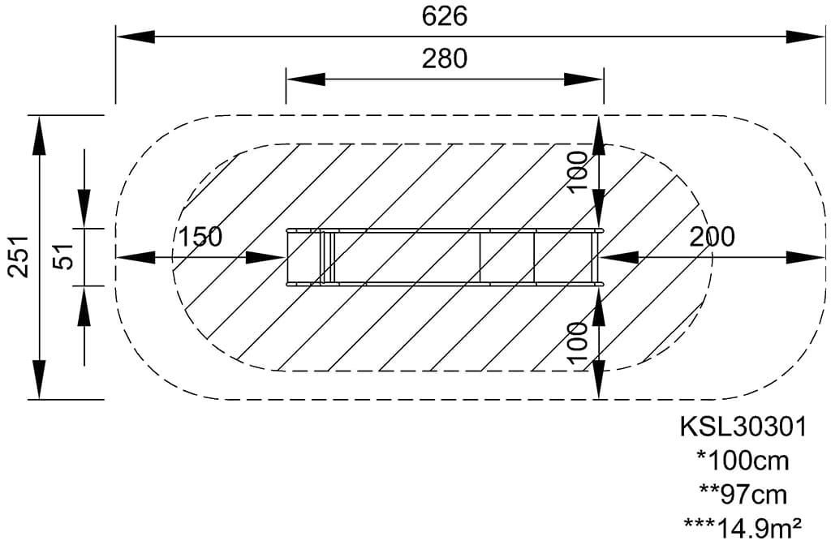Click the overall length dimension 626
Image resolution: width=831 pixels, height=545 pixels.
[445, 16]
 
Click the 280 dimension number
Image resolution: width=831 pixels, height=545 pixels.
[445, 58]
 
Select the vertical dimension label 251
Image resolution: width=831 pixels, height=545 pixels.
[19, 256]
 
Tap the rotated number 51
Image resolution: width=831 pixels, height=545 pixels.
[65, 256]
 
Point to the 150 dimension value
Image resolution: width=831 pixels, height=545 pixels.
[200, 237]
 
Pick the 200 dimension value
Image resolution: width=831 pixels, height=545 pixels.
[712, 237]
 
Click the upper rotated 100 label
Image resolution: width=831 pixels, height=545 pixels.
[578, 172]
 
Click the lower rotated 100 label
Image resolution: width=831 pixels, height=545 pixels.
[578, 343]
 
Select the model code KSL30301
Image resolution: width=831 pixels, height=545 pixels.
[743, 427]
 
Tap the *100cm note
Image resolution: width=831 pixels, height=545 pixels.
[743, 461]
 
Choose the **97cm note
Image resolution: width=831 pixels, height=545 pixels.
[743, 495]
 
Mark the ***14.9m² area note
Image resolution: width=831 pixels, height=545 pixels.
[743, 527]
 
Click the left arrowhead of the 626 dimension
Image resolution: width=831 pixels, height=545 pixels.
[136, 37]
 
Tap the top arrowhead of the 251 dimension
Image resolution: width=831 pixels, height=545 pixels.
[40, 135]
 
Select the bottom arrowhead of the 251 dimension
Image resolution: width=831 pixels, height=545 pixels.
[40, 379]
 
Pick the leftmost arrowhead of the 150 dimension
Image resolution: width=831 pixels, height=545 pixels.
[136, 258]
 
